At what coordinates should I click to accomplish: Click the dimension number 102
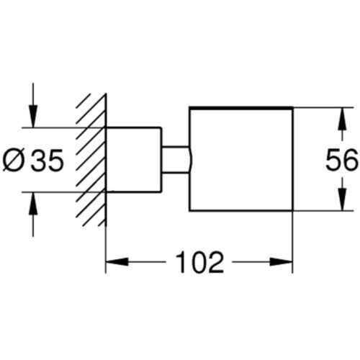(199, 262)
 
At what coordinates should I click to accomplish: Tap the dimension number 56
(342, 160)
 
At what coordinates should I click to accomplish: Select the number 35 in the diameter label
(48, 161)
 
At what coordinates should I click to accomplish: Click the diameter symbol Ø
(14, 161)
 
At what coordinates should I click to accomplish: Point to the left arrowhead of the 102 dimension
(117, 262)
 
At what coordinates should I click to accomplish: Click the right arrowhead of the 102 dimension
(282, 262)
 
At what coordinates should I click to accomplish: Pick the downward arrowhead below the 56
(342, 199)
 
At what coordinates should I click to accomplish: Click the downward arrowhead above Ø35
(33, 116)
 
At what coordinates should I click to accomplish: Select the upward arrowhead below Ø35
(33, 204)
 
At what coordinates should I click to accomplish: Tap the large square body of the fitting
(241, 159)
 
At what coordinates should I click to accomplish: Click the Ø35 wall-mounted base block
(134, 160)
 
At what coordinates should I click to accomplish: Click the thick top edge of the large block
(241, 108)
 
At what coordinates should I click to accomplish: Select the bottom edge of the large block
(241, 211)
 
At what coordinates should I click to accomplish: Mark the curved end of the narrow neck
(191, 159)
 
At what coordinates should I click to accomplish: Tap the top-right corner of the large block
(293, 107)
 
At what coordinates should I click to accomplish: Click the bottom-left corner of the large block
(189, 211)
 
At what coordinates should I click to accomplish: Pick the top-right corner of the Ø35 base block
(160, 127)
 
